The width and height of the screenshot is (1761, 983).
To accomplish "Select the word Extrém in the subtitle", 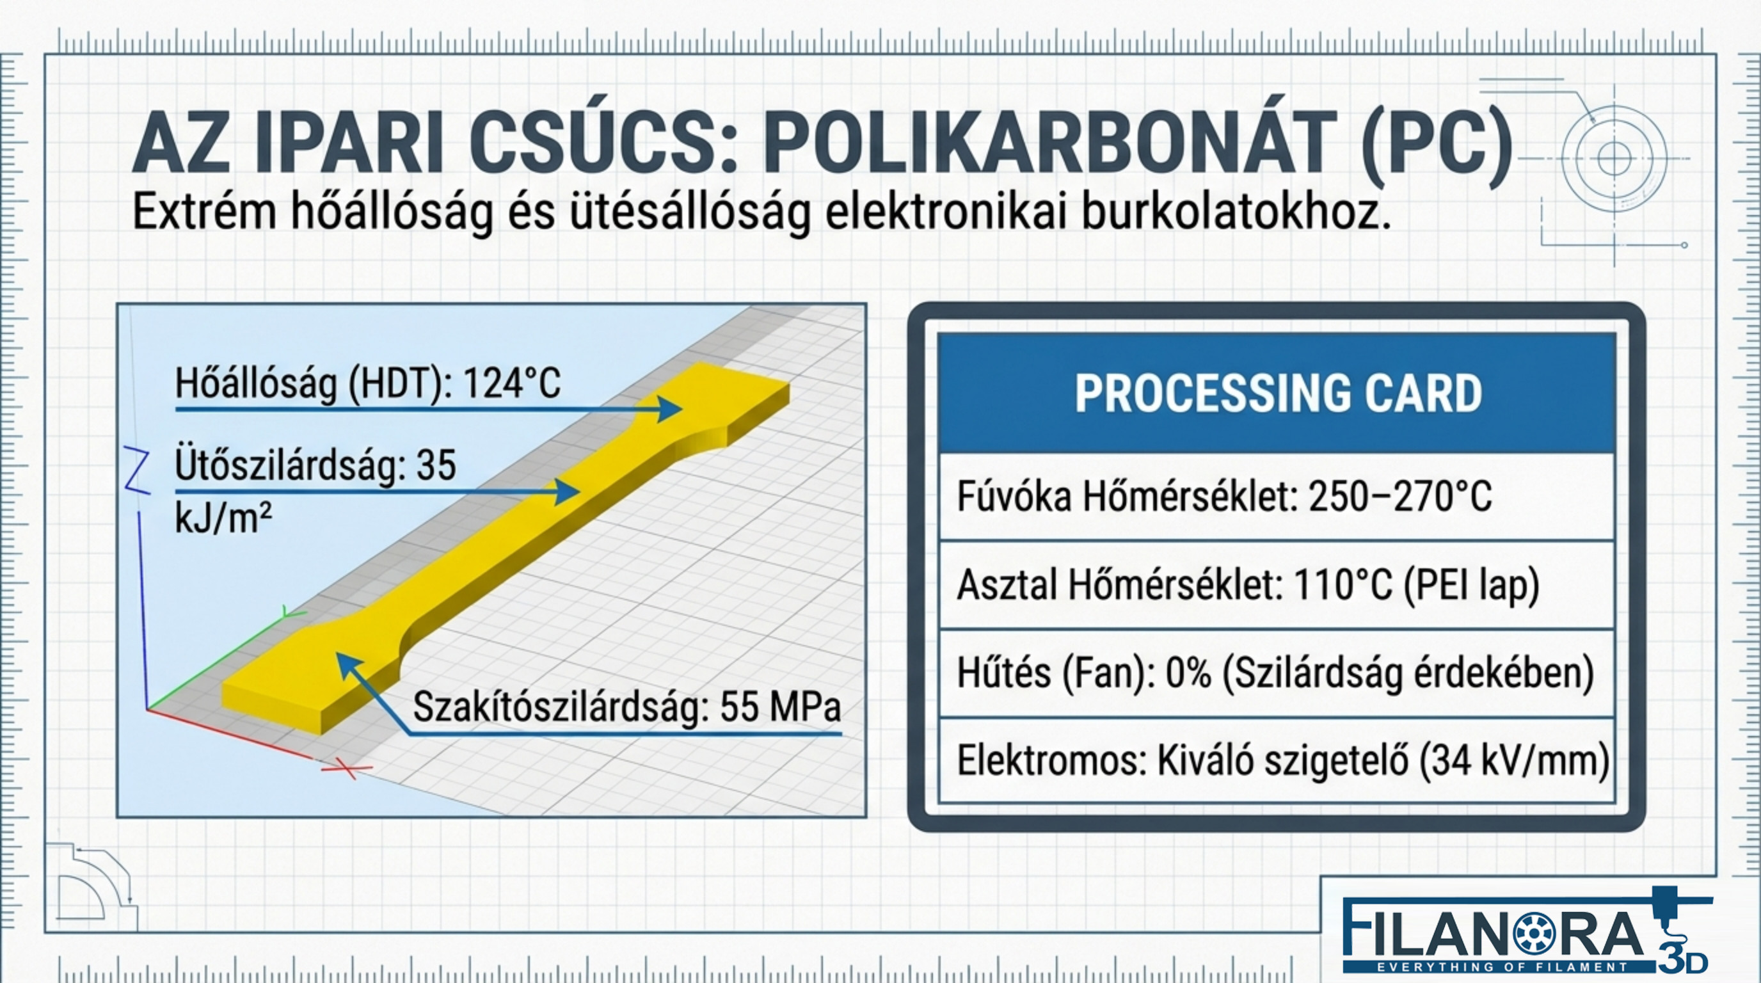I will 204,212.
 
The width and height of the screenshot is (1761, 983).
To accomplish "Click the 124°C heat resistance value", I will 512,383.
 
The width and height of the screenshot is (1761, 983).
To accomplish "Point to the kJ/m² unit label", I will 223,518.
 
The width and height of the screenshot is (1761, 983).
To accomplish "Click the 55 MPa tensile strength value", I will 779,707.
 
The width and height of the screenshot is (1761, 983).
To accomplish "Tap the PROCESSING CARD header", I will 1278,393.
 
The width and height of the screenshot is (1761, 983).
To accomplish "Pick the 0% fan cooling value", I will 1188,673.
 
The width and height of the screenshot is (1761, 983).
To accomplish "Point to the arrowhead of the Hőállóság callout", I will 670,409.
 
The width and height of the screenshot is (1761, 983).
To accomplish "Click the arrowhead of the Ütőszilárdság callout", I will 568,491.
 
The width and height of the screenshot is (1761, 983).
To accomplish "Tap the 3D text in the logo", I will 1682,961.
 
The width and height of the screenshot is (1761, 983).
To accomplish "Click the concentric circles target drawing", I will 1614,159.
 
